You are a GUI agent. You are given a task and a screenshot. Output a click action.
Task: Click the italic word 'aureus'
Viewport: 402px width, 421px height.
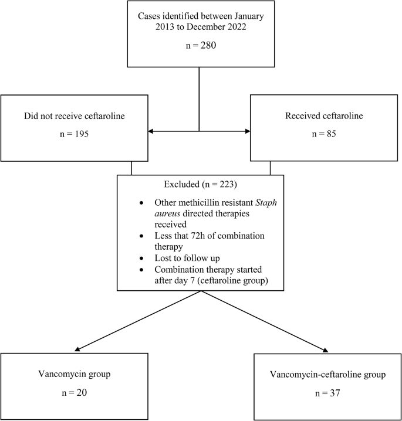(x=169, y=215)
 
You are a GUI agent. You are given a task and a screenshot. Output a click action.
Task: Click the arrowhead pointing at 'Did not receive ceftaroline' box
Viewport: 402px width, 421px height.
(x=151, y=131)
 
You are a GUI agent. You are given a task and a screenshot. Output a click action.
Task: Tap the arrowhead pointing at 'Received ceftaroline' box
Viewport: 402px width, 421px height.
(x=247, y=131)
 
